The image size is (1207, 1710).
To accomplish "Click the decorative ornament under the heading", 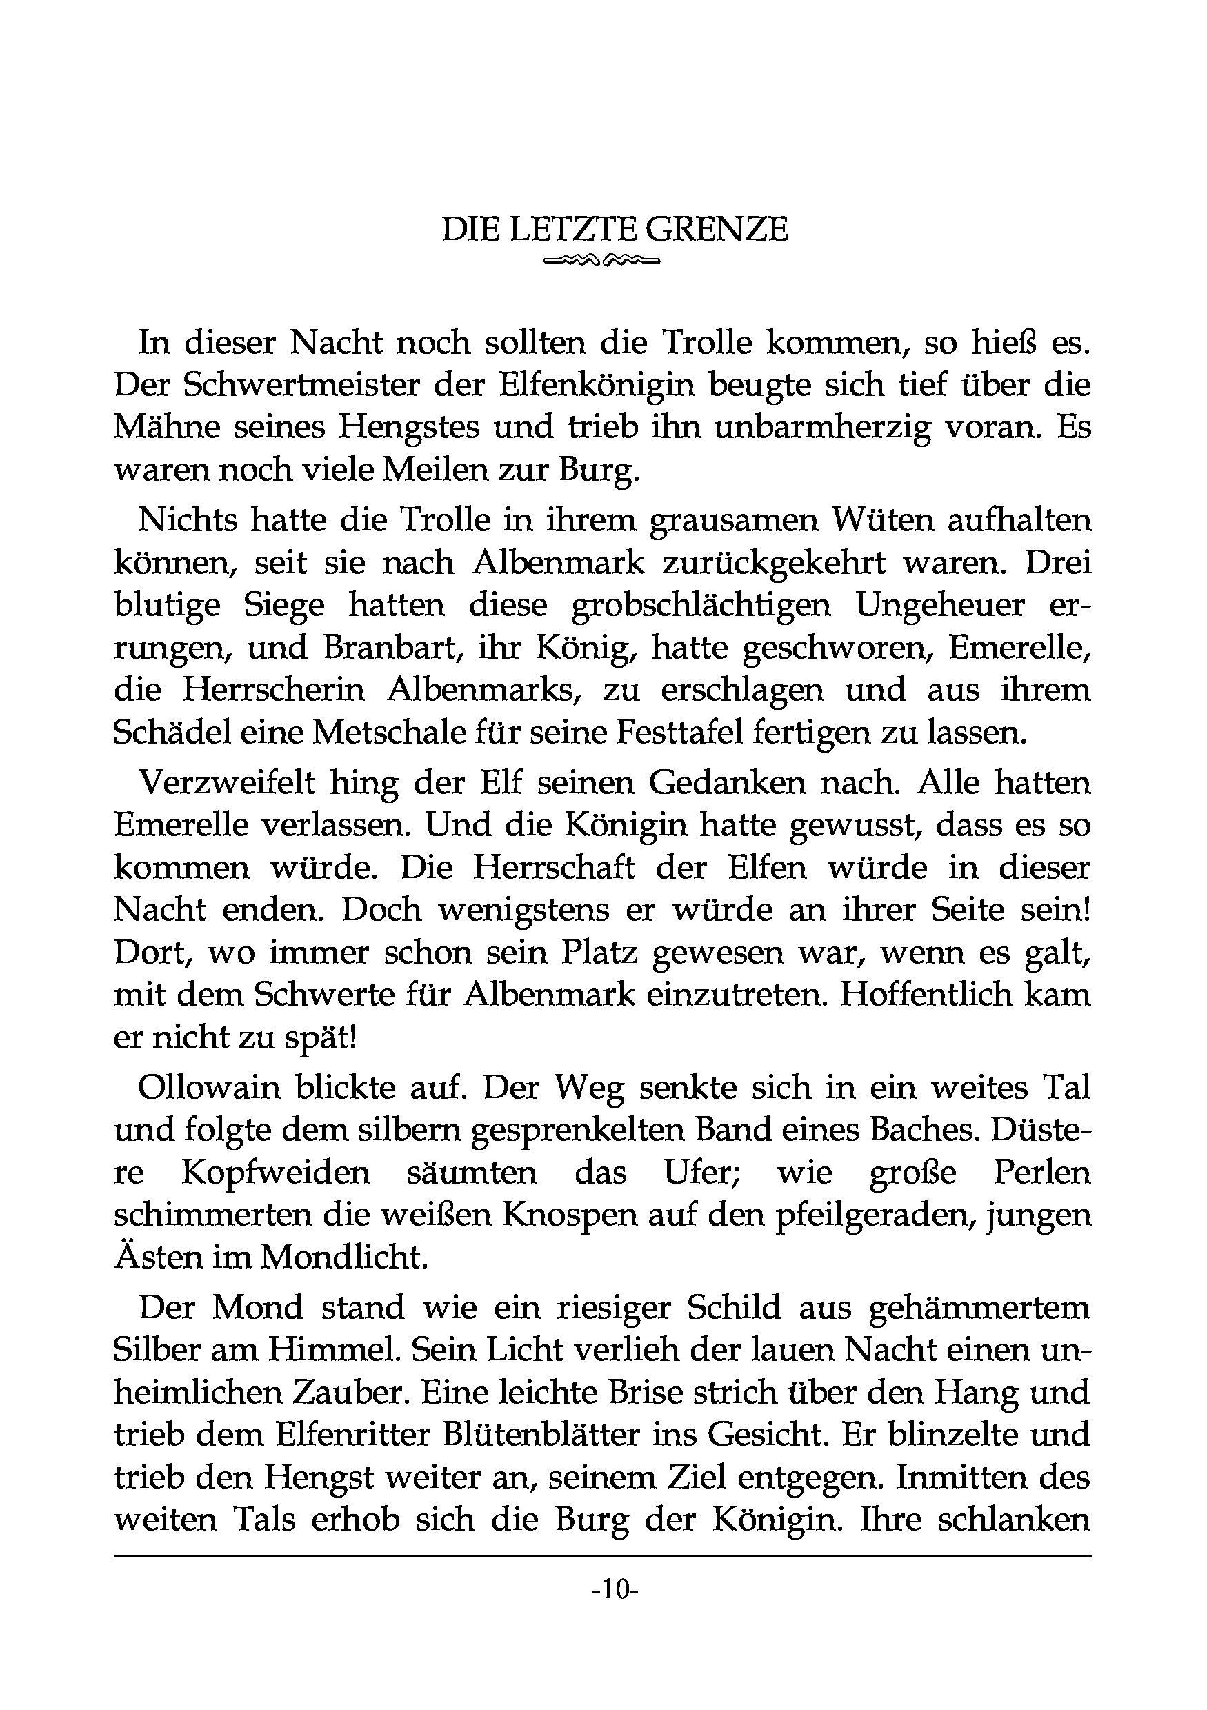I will point(602,261).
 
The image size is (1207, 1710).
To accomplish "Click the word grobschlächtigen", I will point(701,604).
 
